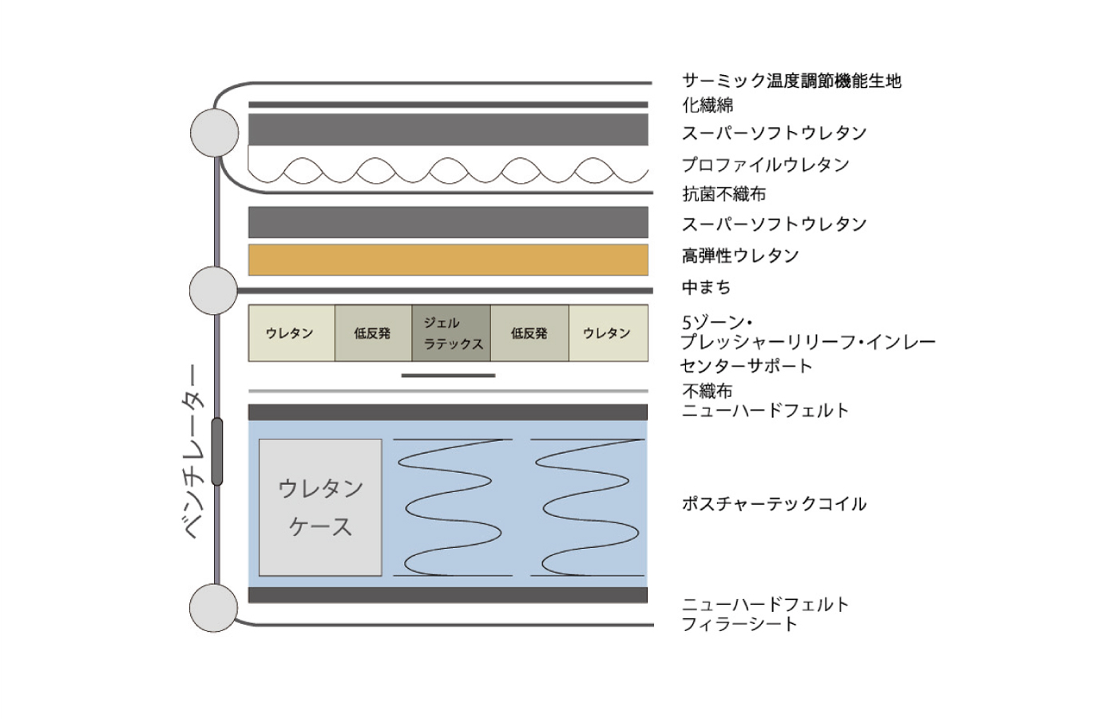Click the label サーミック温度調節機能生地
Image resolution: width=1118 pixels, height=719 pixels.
pyautogui.click(x=791, y=81)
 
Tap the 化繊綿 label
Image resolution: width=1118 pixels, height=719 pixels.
pyautogui.click(x=708, y=105)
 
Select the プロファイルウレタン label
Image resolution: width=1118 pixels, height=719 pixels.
pyautogui.click(x=765, y=165)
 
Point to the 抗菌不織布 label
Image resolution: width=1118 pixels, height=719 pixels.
pyautogui.click(x=724, y=193)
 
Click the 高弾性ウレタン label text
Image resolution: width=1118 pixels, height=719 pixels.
pyautogui.click(x=740, y=256)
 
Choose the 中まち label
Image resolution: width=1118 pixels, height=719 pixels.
pyautogui.click(x=706, y=287)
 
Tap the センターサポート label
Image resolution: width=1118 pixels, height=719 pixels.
pyautogui.click(x=746, y=366)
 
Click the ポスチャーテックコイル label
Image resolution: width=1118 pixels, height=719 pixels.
pyautogui.click(x=774, y=503)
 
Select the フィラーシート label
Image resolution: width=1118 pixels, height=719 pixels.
pyautogui.click(x=739, y=624)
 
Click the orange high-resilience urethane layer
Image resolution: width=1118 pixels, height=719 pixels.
pyautogui.click(x=448, y=260)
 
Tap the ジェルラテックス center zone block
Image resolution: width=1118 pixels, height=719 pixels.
pyautogui.click(x=451, y=333)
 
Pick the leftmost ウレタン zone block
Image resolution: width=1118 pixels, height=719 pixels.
pyautogui.click(x=291, y=333)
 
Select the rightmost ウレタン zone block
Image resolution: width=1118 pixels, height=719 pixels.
pyautogui.click(x=609, y=333)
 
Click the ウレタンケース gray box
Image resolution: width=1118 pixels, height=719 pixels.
pyautogui.click(x=320, y=508)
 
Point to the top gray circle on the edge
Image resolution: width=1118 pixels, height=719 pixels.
pyautogui.click(x=215, y=133)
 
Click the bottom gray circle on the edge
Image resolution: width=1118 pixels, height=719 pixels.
pyautogui.click(x=214, y=608)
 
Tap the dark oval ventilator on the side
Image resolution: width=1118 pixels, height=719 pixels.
pyautogui.click(x=217, y=452)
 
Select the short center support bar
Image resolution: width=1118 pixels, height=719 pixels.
pyautogui.click(x=448, y=375)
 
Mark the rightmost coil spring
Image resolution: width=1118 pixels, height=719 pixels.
pyautogui.click(x=588, y=508)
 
